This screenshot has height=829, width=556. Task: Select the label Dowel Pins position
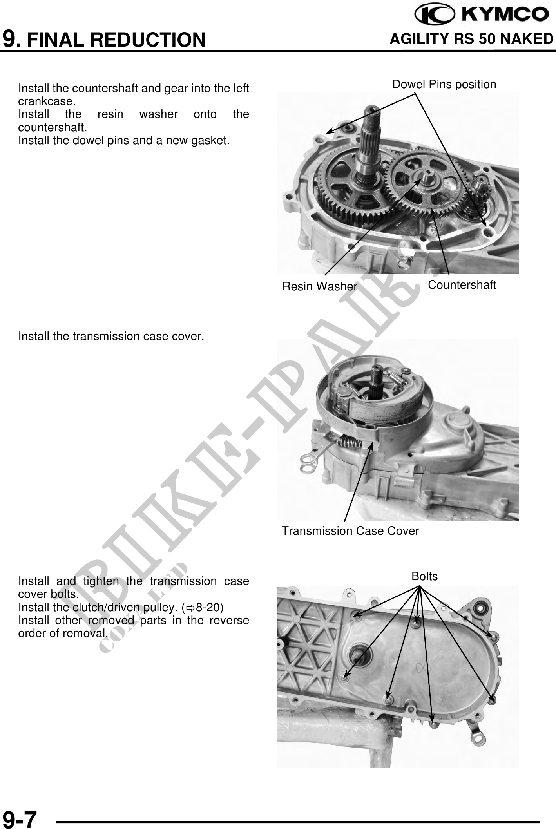click(x=444, y=84)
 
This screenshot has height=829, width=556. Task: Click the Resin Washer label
click(x=320, y=286)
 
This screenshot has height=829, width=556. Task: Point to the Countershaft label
click(x=462, y=285)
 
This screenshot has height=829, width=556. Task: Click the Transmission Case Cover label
click(x=350, y=531)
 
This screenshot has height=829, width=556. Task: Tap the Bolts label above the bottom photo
click(x=424, y=576)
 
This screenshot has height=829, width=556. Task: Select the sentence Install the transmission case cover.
click(x=111, y=336)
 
